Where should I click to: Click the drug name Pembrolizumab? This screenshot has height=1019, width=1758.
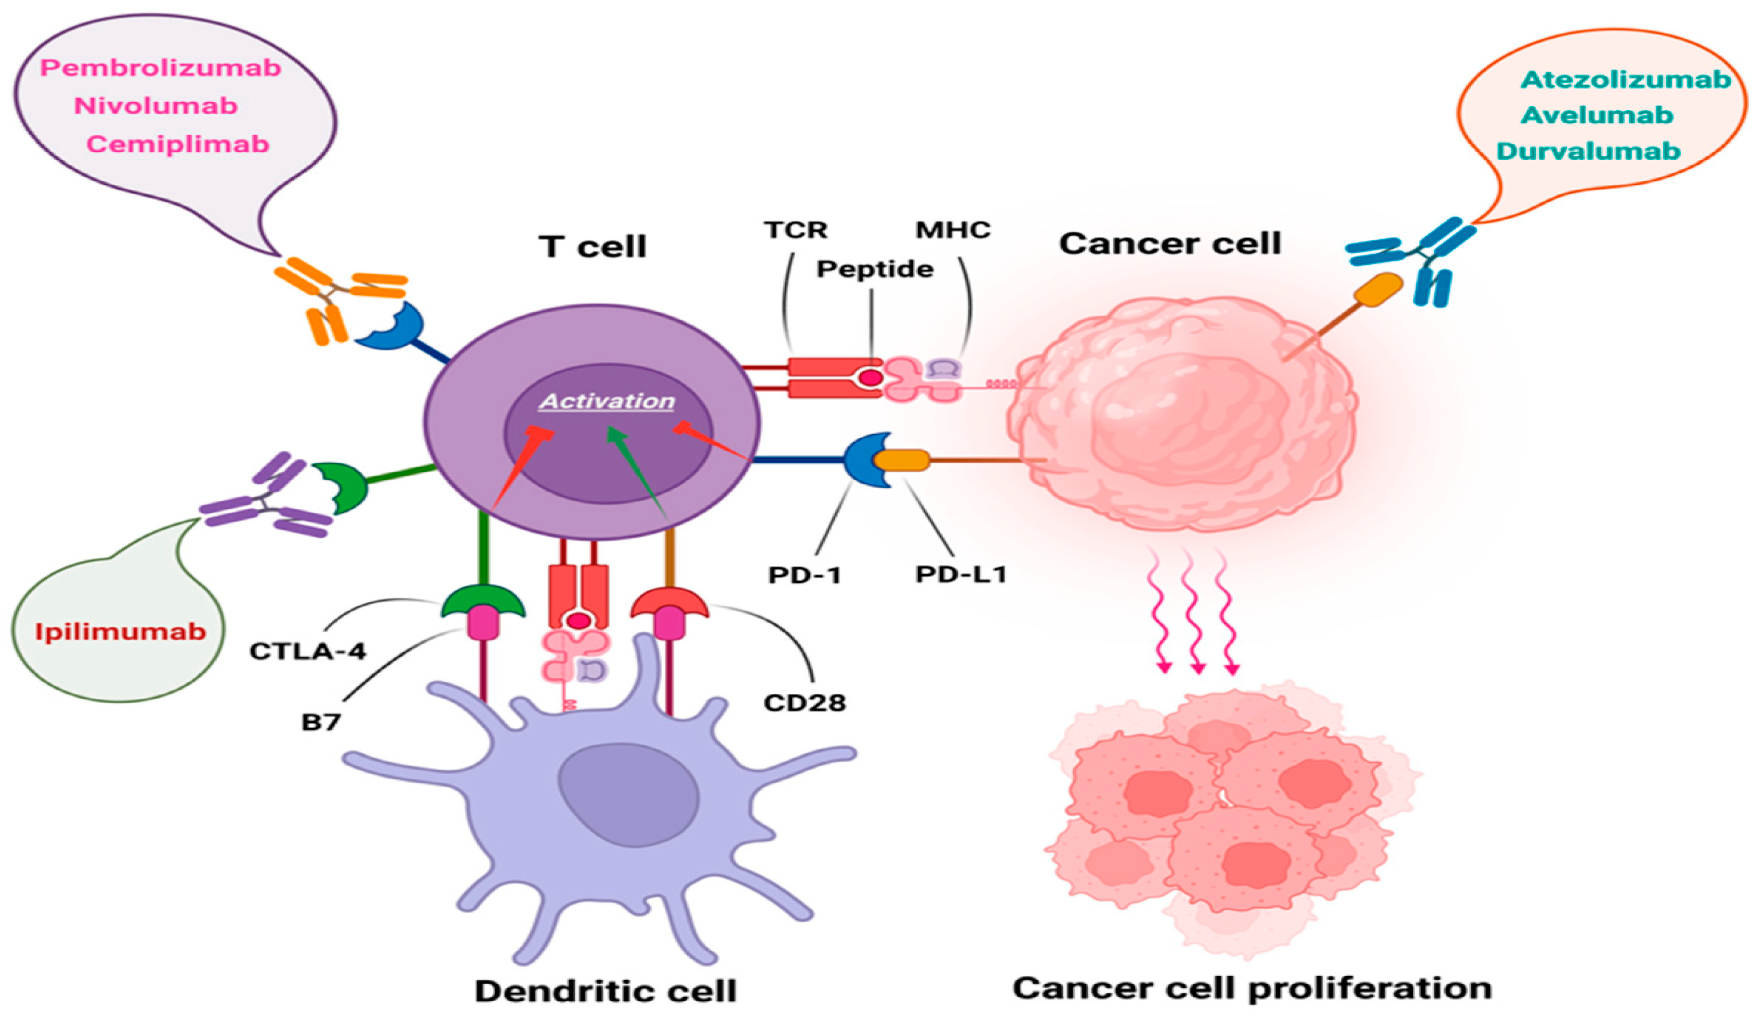click(160, 68)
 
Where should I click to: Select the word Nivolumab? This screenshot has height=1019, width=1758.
click(156, 106)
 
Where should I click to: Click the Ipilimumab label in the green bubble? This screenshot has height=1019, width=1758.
click(120, 632)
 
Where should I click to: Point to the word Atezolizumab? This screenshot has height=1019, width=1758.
click(1625, 79)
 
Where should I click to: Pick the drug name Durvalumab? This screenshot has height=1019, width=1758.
click(1588, 151)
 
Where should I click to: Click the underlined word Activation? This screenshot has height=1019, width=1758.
click(607, 401)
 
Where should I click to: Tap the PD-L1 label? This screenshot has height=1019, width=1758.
click(961, 574)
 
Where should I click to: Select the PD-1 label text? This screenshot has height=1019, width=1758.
click(804, 575)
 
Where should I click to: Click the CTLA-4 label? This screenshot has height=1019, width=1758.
click(307, 651)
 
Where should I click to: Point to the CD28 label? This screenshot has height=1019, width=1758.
click(804, 702)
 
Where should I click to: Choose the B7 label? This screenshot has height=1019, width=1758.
click(321, 722)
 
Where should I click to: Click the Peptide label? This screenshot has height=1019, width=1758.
click(875, 269)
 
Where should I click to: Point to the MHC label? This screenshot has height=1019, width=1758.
click(953, 229)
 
